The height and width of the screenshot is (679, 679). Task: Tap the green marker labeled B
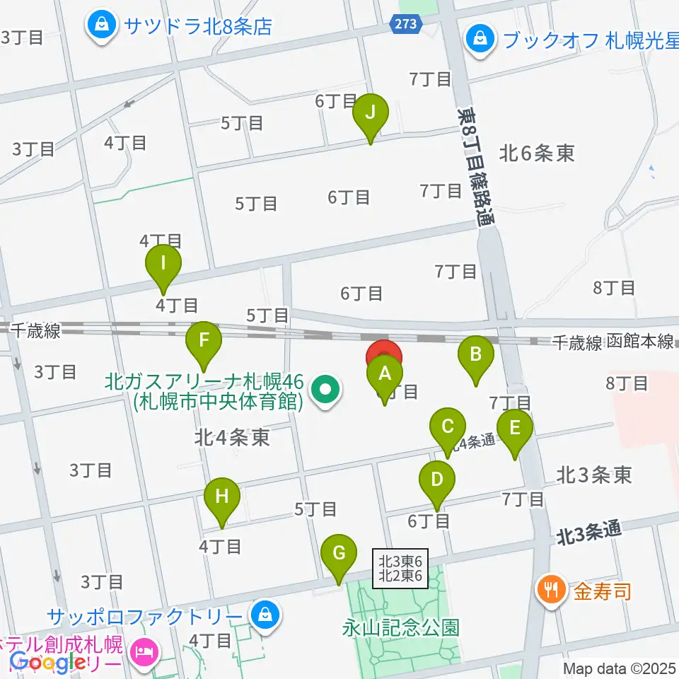click(476, 354)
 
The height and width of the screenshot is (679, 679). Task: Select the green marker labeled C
click(448, 427)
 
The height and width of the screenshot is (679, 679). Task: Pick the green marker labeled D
click(437, 480)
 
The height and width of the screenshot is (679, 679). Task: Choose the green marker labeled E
click(514, 429)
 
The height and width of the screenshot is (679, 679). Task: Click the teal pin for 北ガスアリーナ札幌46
click(325, 389)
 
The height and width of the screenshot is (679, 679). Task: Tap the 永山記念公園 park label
click(402, 627)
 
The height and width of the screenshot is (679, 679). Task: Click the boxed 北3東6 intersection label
click(401, 567)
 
